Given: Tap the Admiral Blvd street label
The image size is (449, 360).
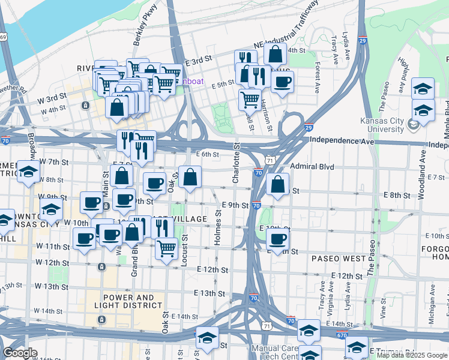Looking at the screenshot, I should [x=311, y=166].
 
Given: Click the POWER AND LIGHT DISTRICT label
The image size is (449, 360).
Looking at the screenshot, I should [x=128, y=301].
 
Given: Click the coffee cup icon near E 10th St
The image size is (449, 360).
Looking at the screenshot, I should [x=277, y=238].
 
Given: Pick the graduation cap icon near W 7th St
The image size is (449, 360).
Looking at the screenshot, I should [x=28, y=172].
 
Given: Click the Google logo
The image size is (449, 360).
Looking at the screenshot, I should [x=20, y=353].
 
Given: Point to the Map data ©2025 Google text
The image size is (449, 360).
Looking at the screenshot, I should [x=411, y=355].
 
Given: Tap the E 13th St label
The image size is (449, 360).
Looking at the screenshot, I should [x=209, y=293].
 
